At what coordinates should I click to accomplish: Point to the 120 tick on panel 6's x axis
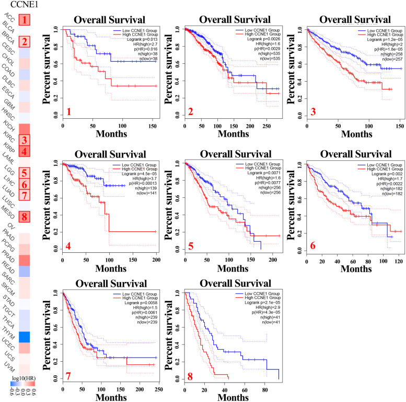[398, 261]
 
